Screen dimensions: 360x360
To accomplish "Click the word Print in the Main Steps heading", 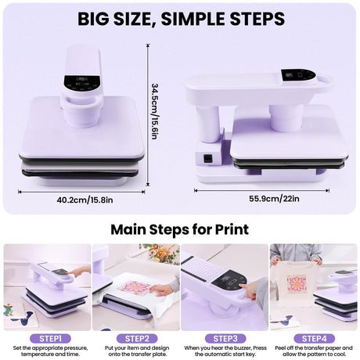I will [229, 230].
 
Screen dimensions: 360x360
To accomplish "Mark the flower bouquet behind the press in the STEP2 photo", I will [160, 253].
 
